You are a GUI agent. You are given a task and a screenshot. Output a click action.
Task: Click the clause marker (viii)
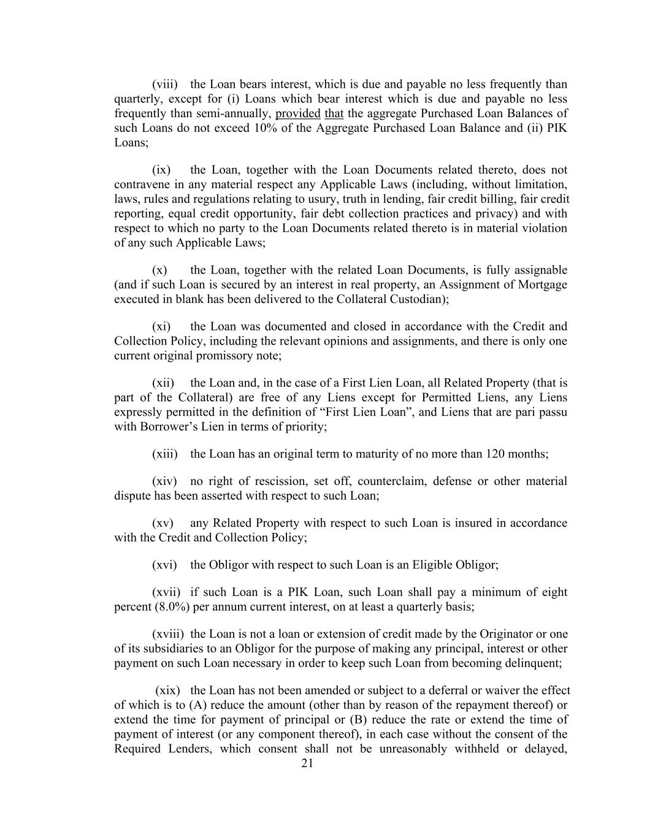click(165, 84)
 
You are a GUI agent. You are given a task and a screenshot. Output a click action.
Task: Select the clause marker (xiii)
click(165, 454)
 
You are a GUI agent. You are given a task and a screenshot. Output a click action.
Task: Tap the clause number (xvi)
click(165, 564)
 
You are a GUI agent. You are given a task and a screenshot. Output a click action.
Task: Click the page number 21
click(307, 763)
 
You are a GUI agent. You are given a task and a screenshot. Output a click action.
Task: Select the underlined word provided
click(298, 113)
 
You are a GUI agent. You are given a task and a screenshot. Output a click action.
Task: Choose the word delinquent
click(530, 663)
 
